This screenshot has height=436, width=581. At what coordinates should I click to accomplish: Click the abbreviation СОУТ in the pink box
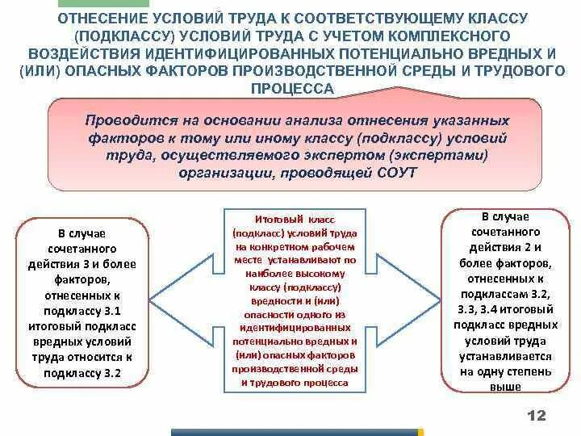coord(397,173)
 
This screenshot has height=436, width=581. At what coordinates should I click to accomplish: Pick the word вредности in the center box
coord(264,302)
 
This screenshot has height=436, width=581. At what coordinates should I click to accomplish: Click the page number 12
coord(537,415)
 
